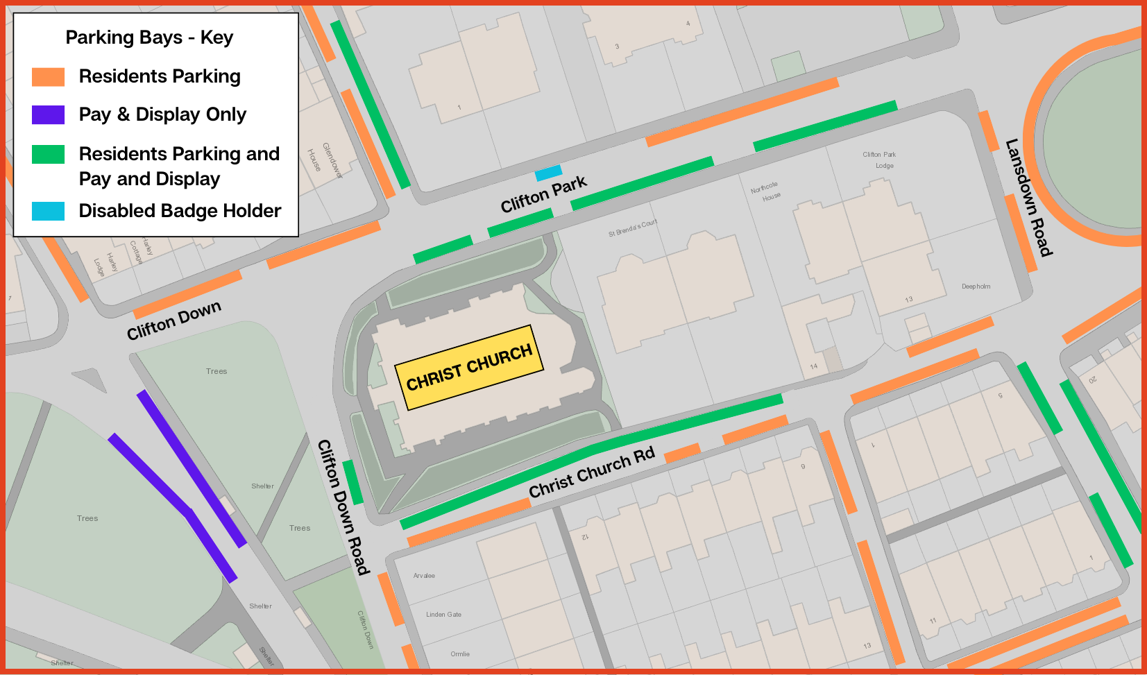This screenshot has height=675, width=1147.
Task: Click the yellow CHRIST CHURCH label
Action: [x=469, y=367]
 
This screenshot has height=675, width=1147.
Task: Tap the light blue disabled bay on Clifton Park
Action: [x=548, y=173]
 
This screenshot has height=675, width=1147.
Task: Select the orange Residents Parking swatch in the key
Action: [x=48, y=77]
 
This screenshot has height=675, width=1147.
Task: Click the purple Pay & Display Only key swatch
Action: [x=48, y=114]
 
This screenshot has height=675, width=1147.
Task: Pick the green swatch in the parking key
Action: [x=48, y=154]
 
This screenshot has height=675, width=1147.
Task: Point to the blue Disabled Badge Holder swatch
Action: [x=48, y=211]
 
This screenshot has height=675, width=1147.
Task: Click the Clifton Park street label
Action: [x=543, y=195]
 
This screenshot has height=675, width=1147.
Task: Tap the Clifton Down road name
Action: [x=173, y=320]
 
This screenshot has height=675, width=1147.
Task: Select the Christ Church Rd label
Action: [x=591, y=473]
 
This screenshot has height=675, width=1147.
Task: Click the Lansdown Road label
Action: [x=1029, y=198]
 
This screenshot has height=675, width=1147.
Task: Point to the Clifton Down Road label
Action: [x=343, y=507]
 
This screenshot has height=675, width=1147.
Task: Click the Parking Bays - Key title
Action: [x=149, y=37]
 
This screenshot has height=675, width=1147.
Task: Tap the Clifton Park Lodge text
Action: [x=880, y=160]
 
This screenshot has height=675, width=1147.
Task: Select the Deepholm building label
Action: [x=976, y=287]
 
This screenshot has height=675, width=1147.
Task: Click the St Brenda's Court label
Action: [x=632, y=229]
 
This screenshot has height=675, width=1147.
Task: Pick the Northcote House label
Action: [x=765, y=192]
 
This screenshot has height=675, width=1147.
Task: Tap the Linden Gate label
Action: [x=443, y=615]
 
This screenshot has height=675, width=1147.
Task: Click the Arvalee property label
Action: [x=424, y=576]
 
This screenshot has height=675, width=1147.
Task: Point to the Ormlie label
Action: [x=460, y=654]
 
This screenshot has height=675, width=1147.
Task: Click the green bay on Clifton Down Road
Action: [x=353, y=482]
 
